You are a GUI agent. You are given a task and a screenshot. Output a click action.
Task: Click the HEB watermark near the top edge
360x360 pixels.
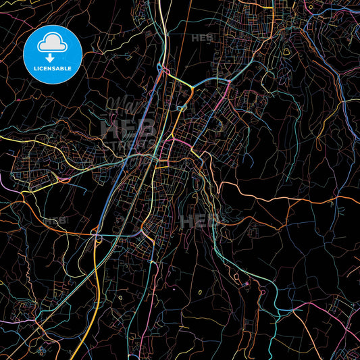201,37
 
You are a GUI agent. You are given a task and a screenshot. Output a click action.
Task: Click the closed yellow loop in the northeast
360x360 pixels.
286,51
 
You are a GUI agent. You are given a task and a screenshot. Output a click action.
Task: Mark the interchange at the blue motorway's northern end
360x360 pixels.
162,70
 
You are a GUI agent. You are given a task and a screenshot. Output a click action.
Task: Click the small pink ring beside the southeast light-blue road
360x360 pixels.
247,284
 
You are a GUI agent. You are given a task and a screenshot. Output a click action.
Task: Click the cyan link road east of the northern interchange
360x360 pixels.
209,82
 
